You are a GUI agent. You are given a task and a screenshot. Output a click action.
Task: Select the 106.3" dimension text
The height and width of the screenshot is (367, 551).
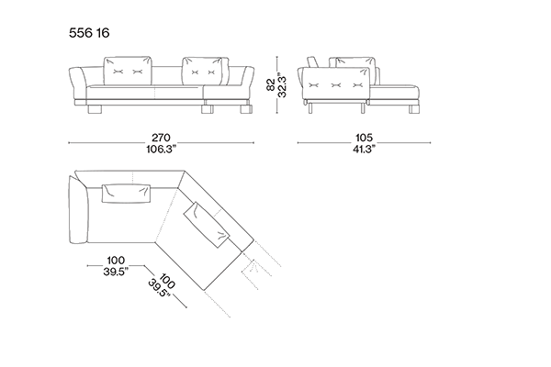[162, 150]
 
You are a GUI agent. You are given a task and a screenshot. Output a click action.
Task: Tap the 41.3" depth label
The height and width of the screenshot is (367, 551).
[364, 150]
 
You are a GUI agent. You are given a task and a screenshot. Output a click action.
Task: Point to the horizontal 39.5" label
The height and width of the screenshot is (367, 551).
[116, 272]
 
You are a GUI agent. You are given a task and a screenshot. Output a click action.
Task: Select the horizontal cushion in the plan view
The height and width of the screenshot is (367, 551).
[125, 191]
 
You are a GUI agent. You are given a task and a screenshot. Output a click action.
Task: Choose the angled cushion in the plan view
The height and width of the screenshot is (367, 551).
[208, 226]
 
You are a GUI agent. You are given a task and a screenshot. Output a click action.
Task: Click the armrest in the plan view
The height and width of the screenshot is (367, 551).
[75, 209]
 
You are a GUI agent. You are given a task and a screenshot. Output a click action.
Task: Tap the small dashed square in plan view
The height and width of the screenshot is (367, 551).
[247, 270]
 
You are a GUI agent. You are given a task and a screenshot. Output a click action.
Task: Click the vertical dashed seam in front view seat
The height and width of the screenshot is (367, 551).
[162, 91]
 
